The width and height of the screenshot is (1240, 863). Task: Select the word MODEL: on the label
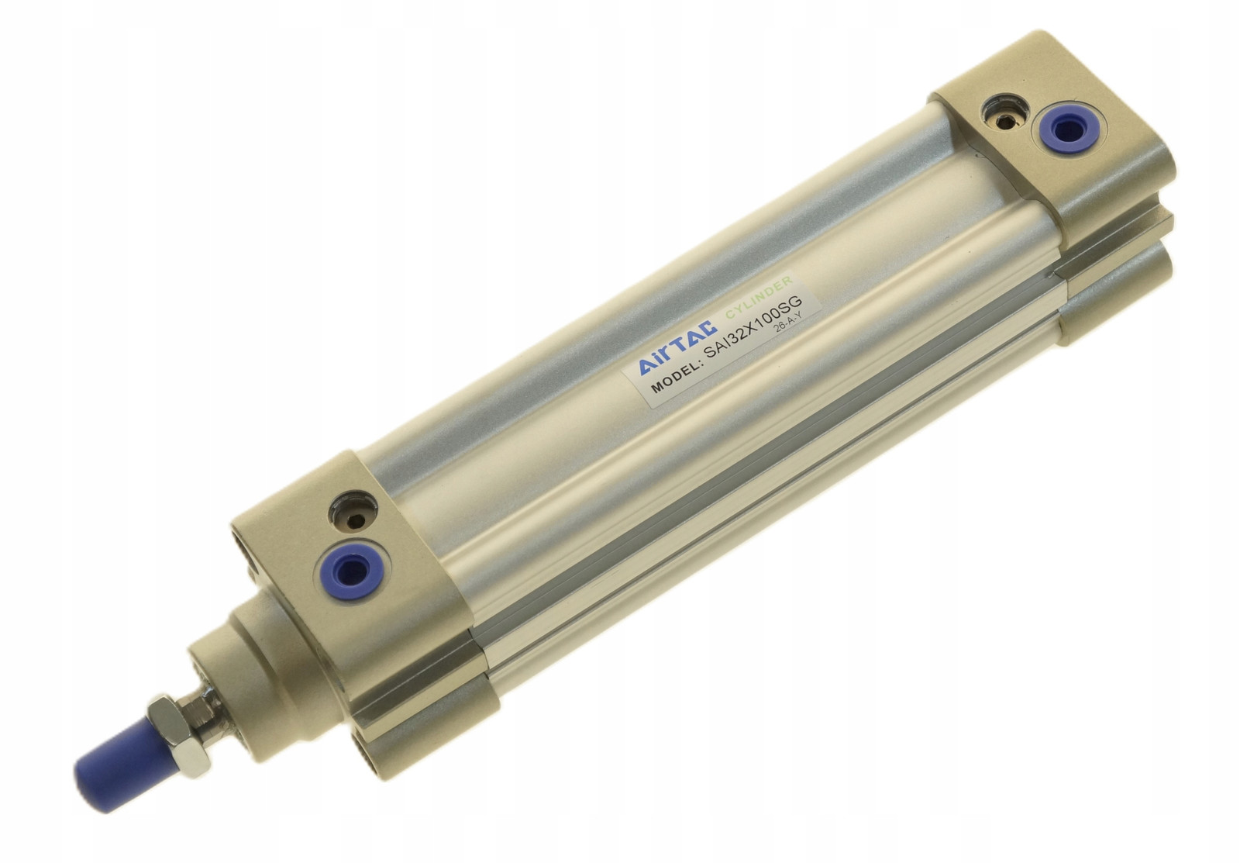673,375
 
